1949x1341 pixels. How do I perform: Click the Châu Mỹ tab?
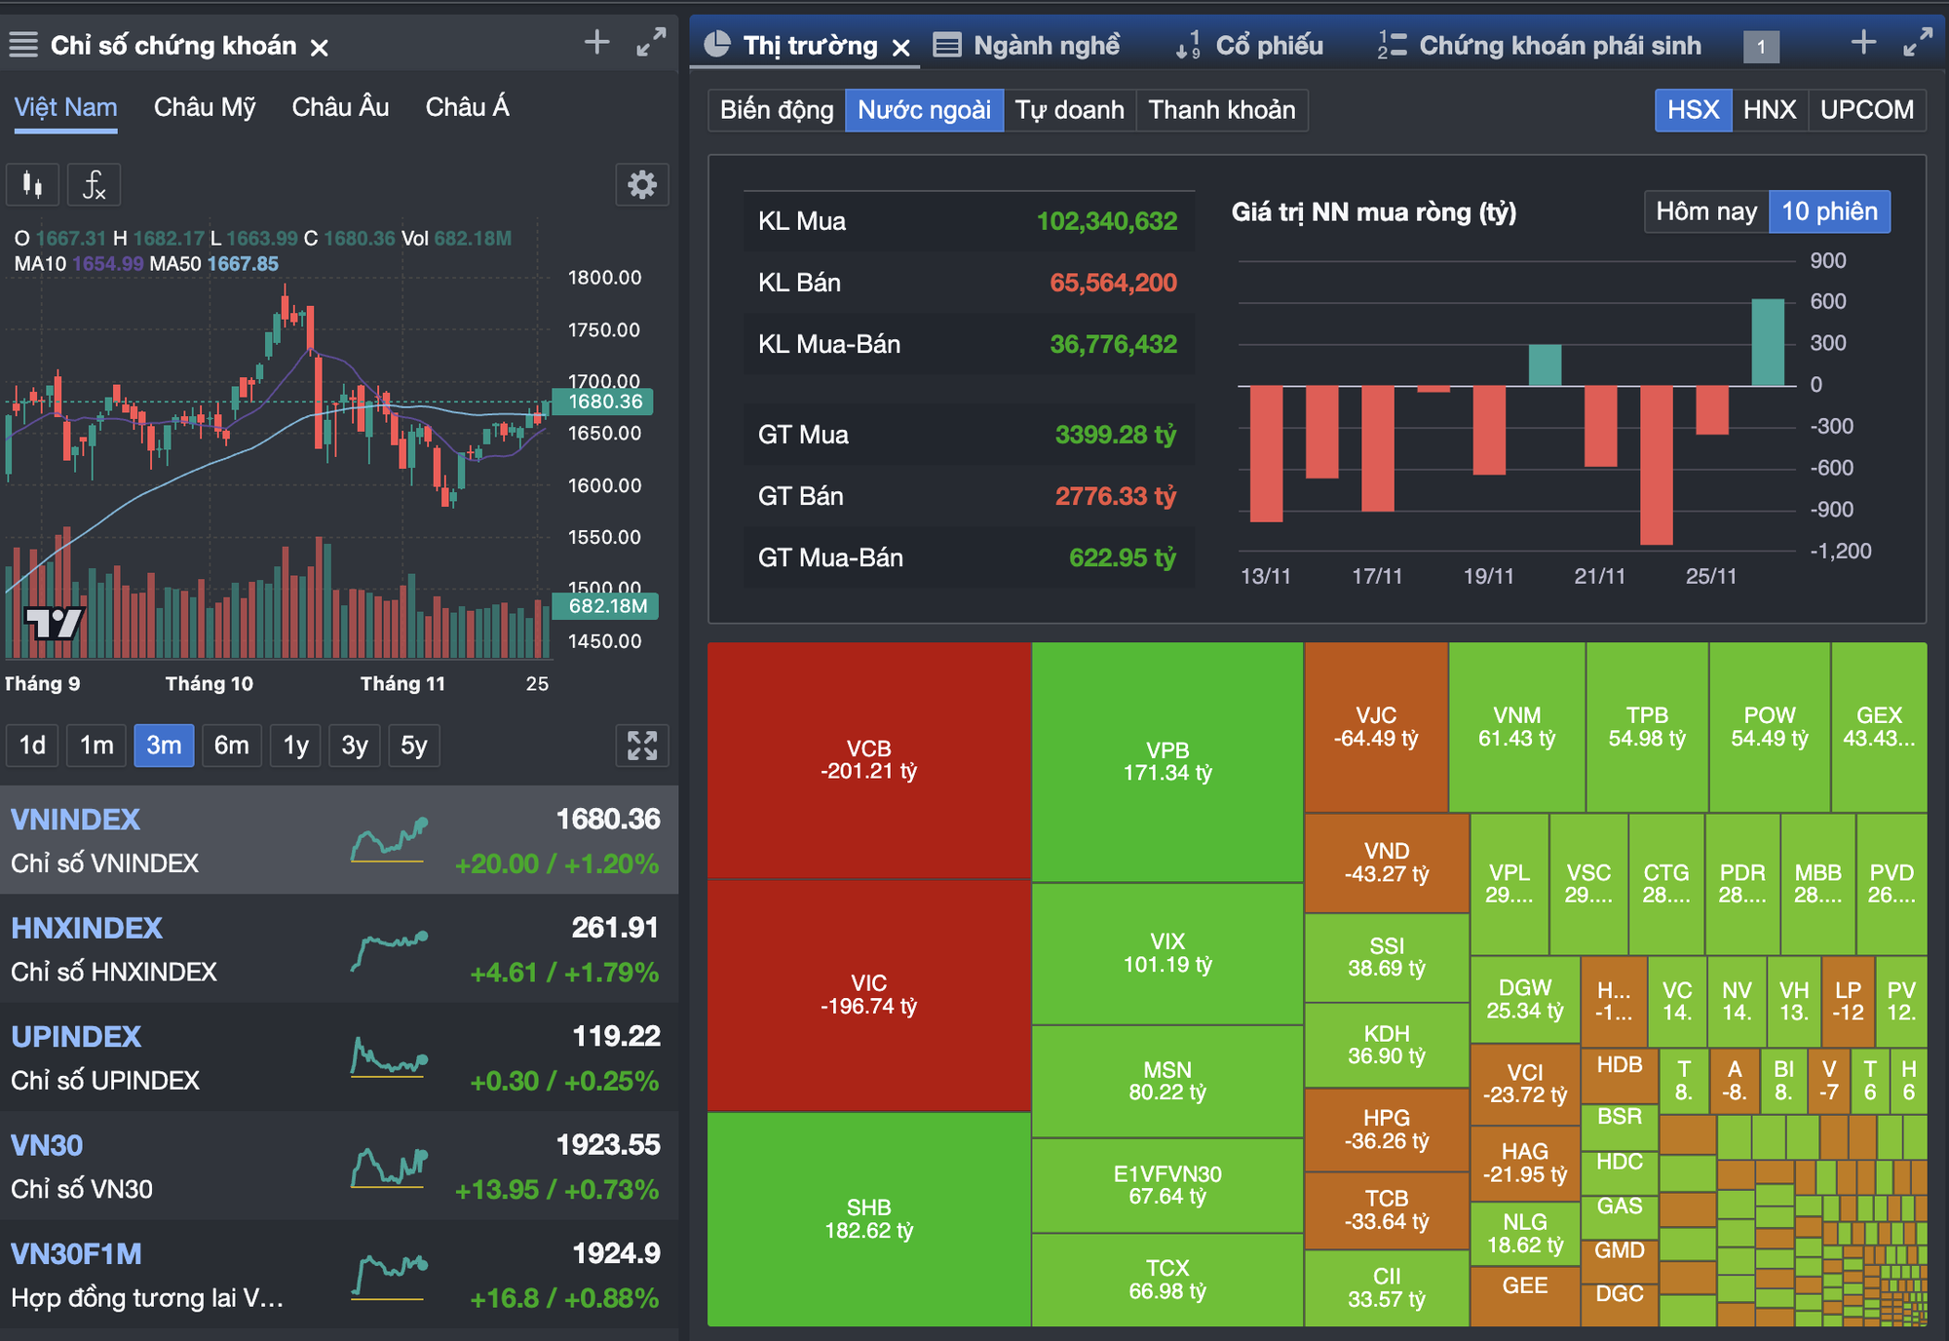pos(205,107)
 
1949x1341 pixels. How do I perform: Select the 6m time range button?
pos(231,746)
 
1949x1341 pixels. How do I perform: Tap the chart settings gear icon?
pos(641,185)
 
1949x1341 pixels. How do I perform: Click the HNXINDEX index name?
pos(87,928)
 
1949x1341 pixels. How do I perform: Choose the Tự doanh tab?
pos(1069,110)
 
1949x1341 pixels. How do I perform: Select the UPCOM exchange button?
pos(1866,110)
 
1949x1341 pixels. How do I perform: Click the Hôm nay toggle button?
pos(1705,211)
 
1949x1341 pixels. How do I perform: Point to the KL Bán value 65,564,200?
pos(1113,283)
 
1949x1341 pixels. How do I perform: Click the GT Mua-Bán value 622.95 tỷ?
pos(1122,557)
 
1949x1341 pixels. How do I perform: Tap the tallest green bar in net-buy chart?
pos(1767,342)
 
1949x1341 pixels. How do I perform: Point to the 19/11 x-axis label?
pos(1488,576)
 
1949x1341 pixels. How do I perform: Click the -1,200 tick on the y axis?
pos(1840,551)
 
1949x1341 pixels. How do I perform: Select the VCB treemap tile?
pos(868,760)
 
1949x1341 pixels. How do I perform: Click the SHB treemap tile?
pos(868,1218)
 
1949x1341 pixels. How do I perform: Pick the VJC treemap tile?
pos(1376,727)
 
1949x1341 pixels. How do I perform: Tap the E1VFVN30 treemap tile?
pos(1166,1185)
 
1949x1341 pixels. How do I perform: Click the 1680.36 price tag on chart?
pos(604,402)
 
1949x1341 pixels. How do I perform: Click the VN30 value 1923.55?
pos(607,1144)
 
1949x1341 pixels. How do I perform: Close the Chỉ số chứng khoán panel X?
pos(319,47)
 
